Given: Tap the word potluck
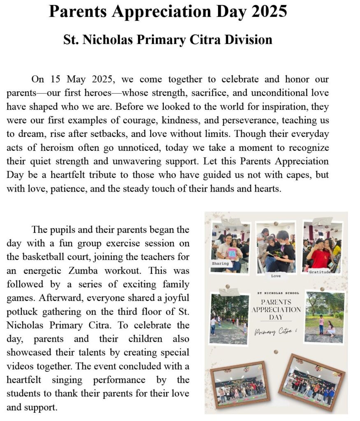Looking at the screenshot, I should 23,311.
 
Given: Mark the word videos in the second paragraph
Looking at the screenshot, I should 20,366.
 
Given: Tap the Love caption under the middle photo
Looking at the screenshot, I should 276,276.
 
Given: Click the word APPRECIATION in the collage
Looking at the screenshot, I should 276,310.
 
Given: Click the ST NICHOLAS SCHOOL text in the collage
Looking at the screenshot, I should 276,293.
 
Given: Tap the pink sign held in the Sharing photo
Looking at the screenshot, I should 232,252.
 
